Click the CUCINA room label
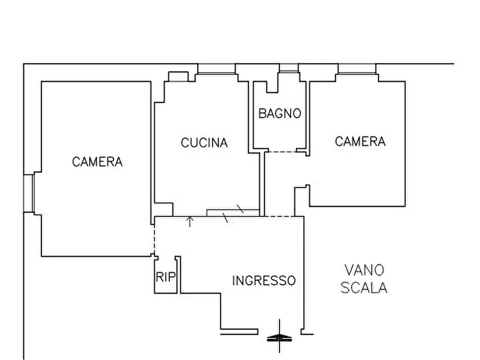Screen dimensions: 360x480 (x=204, y=143)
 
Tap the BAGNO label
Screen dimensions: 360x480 (x=280, y=113)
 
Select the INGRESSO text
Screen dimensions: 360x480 (x=263, y=280)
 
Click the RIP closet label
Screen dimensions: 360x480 (x=166, y=277)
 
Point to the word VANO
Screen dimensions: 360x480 (x=364, y=270)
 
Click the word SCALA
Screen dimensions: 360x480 (x=364, y=288)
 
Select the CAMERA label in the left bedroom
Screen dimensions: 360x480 (x=97, y=162)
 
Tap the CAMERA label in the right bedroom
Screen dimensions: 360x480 (x=360, y=141)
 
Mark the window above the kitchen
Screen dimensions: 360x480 (x=216, y=69)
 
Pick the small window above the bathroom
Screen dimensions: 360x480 (x=289, y=68)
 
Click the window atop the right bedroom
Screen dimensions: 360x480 (x=356, y=69)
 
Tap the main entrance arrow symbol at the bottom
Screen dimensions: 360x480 (x=280, y=336)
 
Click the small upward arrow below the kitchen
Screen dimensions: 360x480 (x=190, y=221)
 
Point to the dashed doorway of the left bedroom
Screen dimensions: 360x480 (x=154, y=236)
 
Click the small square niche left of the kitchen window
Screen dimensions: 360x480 (x=177, y=76)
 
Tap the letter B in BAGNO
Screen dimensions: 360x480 (x=262, y=113)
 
